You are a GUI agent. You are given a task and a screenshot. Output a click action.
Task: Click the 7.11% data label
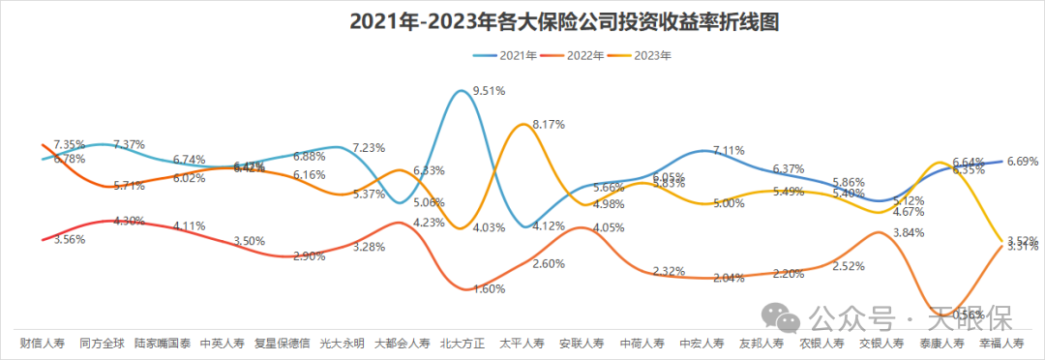729,151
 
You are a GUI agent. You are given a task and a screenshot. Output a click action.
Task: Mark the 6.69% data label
1023,161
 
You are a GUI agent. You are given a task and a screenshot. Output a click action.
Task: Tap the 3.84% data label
909,232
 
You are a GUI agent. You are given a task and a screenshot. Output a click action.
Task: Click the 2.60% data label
548,264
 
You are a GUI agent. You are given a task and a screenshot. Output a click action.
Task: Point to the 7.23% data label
369,148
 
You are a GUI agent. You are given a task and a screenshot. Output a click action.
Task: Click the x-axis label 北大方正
463,344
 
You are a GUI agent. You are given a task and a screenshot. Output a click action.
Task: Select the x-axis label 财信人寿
43,344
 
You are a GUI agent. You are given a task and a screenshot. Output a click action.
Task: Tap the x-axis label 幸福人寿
1001,344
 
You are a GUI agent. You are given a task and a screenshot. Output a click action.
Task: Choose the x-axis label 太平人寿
522,344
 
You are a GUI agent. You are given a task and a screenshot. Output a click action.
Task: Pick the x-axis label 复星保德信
282,344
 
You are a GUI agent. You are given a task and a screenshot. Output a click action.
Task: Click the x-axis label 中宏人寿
702,344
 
